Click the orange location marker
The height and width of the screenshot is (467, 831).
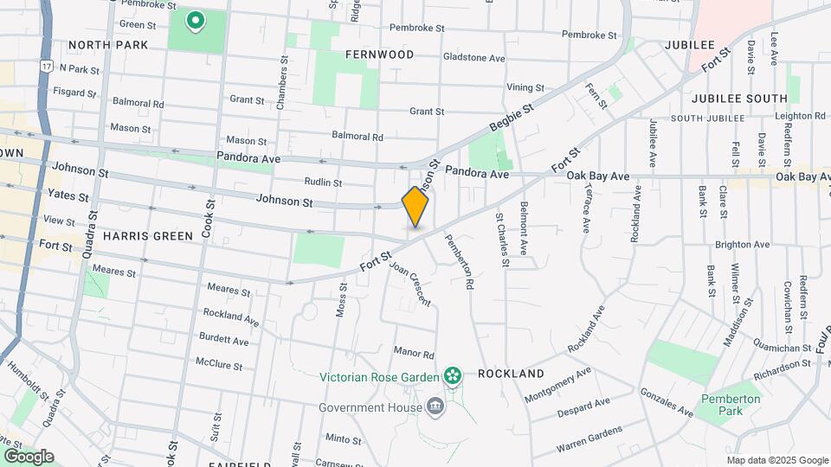click(415, 207)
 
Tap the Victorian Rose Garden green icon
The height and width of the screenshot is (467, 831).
click(451, 375)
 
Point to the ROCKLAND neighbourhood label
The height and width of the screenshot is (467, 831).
click(511, 374)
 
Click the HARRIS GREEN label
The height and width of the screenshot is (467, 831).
click(147, 235)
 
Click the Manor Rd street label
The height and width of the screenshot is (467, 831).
click(413, 353)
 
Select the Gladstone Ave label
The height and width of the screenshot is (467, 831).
click(473, 58)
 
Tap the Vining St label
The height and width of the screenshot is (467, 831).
click(525, 87)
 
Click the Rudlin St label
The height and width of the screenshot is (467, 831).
click(323, 182)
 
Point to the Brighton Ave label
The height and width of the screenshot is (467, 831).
click(748, 245)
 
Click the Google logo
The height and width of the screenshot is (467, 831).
click(29, 456)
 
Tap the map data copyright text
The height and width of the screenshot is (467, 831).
click(777, 460)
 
